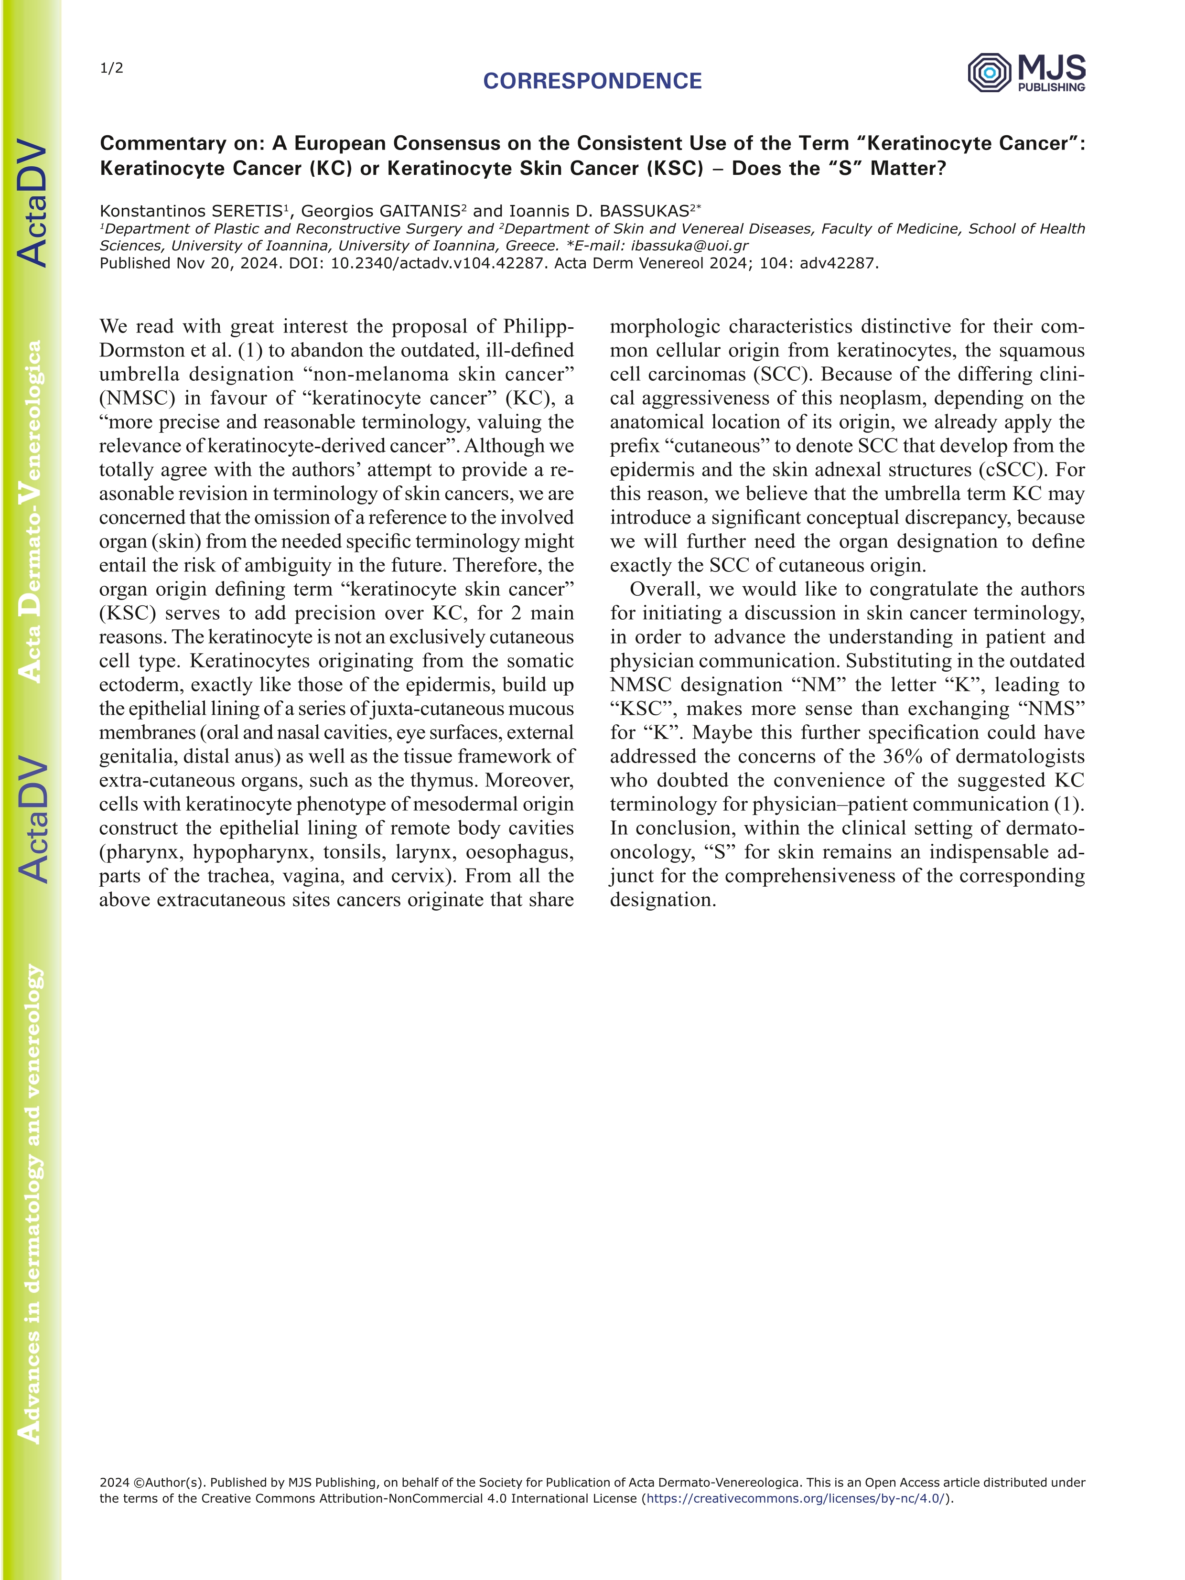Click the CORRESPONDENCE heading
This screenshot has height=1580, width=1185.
click(592, 81)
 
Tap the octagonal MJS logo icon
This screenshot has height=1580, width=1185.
click(989, 72)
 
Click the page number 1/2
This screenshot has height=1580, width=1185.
click(111, 69)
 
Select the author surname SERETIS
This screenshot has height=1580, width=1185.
click(246, 212)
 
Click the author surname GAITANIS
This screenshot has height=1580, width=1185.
click(419, 212)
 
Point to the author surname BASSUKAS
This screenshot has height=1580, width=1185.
click(644, 212)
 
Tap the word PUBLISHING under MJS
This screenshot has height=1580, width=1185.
click(1051, 87)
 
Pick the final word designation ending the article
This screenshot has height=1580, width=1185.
click(662, 900)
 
